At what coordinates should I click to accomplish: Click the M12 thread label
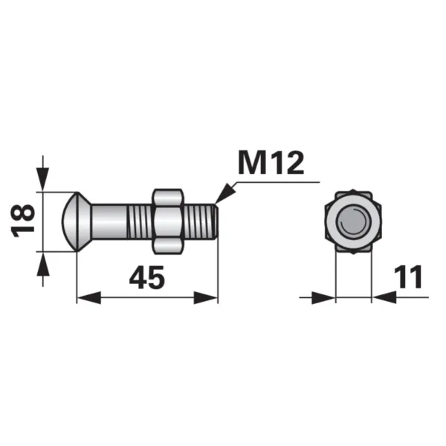[x=271, y=163]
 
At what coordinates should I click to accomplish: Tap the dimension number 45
[x=147, y=277]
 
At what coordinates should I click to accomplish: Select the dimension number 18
[x=22, y=221]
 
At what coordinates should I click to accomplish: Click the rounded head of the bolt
[x=70, y=222]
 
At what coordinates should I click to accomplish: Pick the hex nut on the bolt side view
[x=167, y=222]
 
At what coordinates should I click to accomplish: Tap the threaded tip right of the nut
[x=201, y=222]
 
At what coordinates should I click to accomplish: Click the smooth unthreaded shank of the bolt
[x=109, y=222]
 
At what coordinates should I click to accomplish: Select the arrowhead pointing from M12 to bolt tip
[x=225, y=193]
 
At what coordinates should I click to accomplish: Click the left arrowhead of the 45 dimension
[x=89, y=297]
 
